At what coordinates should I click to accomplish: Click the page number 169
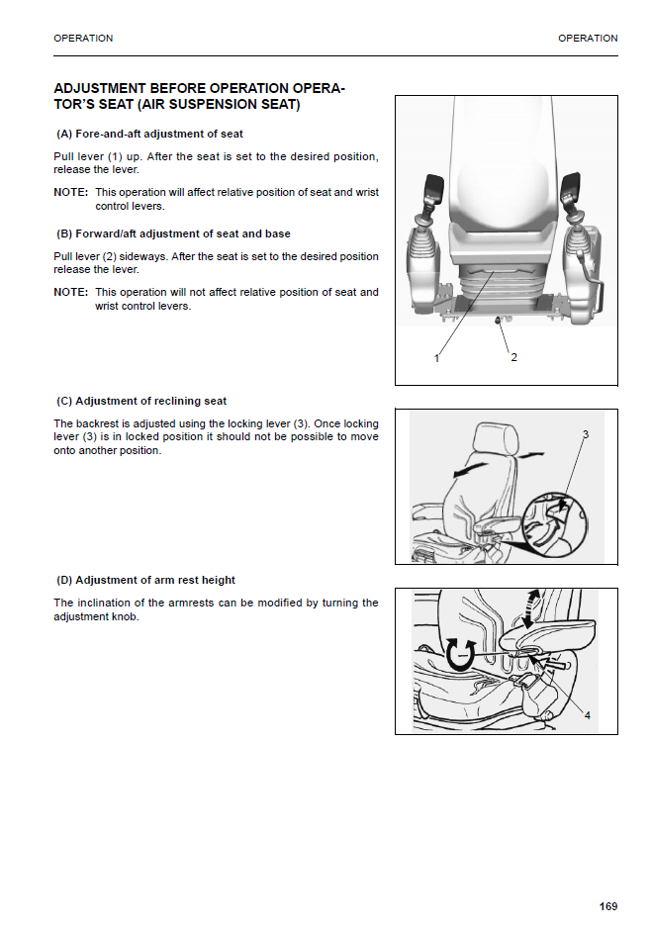[607, 905]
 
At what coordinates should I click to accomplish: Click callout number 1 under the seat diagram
[436, 357]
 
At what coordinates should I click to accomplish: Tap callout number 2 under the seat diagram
[513, 357]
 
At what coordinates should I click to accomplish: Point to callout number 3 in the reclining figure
[585, 434]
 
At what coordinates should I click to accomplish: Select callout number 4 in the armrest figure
[587, 715]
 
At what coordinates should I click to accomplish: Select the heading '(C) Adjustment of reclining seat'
[142, 401]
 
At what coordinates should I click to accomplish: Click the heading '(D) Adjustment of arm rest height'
[146, 580]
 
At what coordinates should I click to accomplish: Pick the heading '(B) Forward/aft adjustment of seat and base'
[174, 233]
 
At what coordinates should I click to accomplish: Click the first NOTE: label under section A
[70, 192]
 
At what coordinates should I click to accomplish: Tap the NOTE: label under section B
[70, 292]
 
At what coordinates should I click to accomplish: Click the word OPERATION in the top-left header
[83, 39]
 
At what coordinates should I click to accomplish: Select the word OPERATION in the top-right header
[588, 39]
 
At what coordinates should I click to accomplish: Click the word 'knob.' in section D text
[124, 616]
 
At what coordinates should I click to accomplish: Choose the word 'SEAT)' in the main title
[276, 105]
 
